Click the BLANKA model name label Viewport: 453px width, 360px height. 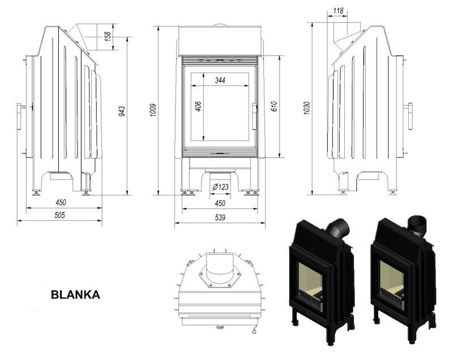click(x=75, y=294)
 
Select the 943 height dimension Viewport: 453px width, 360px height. click(x=121, y=112)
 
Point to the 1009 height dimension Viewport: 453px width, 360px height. click(x=152, y=109)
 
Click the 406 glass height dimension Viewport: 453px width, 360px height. click(x=198, y=106)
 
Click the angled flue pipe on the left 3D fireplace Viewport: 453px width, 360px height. click(x=339, y=228)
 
